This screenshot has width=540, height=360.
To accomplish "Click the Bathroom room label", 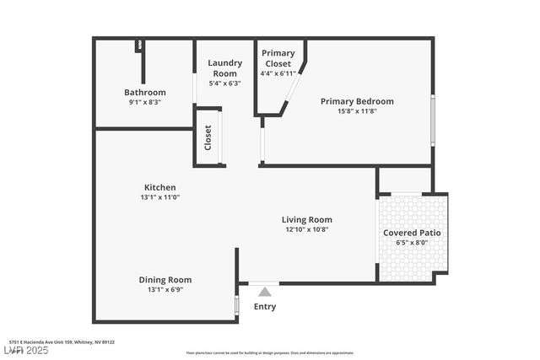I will (x=145, y=92).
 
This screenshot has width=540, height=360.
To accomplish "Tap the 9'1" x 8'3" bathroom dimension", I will (x=145, y=102).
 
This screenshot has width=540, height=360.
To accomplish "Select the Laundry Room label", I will (x=224, y=67).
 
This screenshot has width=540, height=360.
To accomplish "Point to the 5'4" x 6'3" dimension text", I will (x=224, y=83).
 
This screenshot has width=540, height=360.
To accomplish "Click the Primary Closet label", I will (x=278, y=58).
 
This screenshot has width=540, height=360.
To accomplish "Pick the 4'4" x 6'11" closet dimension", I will (x=278, y=73).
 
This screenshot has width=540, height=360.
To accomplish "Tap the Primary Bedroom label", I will (x=357, y=101).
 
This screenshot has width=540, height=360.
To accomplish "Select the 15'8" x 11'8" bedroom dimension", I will (x=357, y=111).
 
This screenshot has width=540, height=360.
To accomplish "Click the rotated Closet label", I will (x=208, y=137).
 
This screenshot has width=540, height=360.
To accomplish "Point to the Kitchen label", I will (x=159, y=187).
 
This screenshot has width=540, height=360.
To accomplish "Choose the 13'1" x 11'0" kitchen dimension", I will (x=159, y=197).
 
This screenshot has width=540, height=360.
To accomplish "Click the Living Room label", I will (x=307, y=219).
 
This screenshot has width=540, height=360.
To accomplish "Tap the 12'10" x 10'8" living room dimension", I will (x=307, y=229).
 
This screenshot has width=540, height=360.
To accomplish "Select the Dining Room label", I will (x=165, y=280).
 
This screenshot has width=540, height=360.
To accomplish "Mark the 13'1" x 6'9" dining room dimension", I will (x=165, y=290).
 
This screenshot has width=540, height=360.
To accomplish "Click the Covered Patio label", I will (x=412, y=233).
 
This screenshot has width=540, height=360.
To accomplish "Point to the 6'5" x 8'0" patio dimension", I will (x=412, y=243).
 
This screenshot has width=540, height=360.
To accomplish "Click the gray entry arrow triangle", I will (x=265, y=292).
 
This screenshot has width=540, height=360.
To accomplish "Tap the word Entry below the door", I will (x=265, y=307).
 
